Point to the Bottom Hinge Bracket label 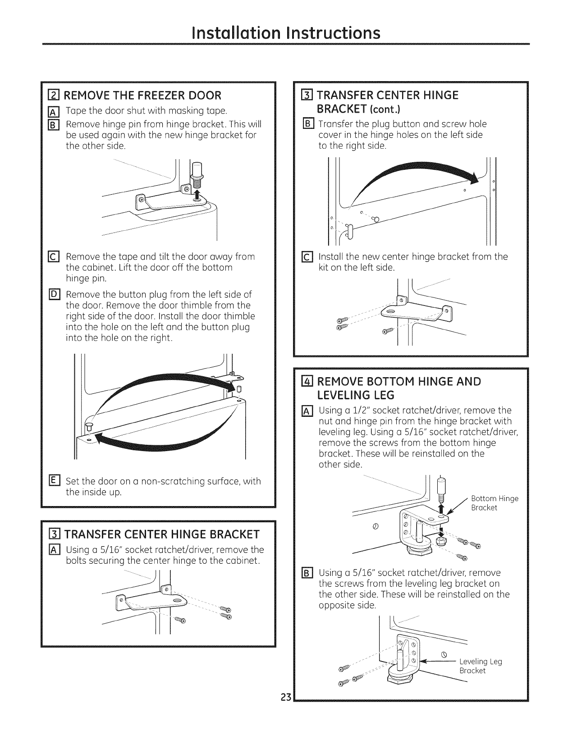[x=495, y=503]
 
